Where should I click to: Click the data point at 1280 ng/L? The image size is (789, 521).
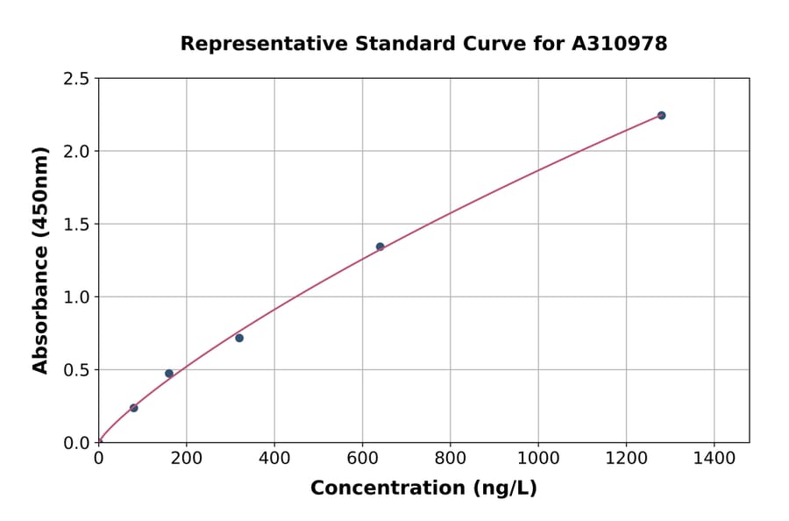pos(661,116)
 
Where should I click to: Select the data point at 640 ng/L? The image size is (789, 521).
pos(380,246)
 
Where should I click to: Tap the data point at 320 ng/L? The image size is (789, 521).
pos(239,338)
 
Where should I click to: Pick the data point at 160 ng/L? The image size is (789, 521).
pos(169,374)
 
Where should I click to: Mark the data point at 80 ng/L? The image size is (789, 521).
pos(133,408)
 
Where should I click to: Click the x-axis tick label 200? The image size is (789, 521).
pos(186,459)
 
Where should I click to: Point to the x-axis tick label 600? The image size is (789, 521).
pos(362,459)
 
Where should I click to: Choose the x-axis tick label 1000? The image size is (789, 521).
pos(538,459)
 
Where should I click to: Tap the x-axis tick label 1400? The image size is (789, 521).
pos(714,459)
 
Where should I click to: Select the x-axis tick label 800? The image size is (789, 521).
pos(450,459)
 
